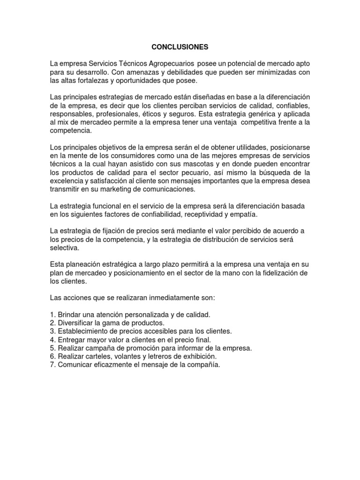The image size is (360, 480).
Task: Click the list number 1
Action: click(x=52, y=315)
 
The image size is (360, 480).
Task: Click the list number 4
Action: click(x=52, y=340)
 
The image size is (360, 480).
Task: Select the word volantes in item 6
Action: click(x=112, y=357)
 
